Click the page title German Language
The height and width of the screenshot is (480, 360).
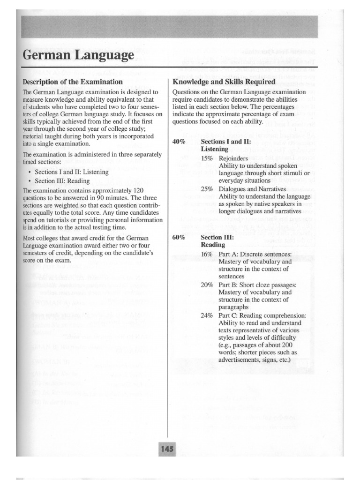point(78,56)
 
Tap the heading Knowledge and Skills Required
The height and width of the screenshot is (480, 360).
point(224,81)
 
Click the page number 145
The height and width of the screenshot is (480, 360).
point(167,449)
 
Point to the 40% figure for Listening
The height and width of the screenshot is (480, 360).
point(179,141)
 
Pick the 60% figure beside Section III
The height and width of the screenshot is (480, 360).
point(179,237)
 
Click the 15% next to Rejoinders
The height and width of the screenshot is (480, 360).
point(207,158)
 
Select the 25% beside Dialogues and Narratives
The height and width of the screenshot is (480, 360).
point(207,189)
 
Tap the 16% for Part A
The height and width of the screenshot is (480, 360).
point(207,254)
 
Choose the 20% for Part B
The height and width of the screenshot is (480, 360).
point(207,285)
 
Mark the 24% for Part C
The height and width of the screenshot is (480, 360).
point(207,315)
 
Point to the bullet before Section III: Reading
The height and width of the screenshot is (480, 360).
point(30,181)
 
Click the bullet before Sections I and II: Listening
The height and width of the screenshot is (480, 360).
point(30,172)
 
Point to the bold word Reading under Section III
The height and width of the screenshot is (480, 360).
point(212,245)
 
